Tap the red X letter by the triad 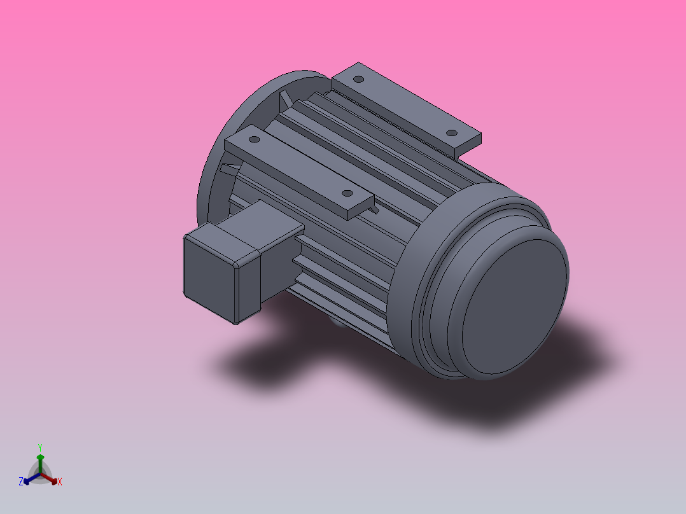point(59,482)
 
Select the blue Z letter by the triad point(21,482)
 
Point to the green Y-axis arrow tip point(40,457)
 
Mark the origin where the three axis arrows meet point(40,473)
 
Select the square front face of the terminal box point(209,276)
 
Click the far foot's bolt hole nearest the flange point(358,80)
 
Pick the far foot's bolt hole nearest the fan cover point(451,133)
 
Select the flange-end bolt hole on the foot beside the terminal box point(253,138)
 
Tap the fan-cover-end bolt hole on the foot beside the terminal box point(347,193)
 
